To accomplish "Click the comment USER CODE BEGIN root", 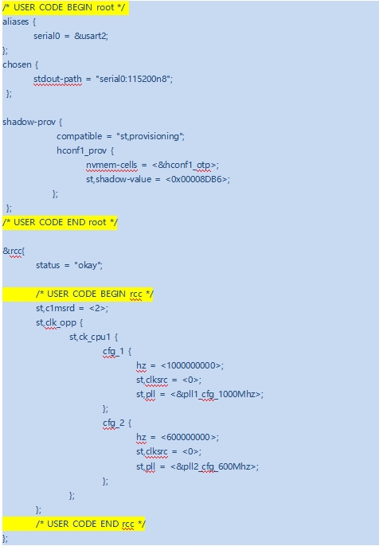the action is [64, 7].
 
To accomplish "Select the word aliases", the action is [15, 21].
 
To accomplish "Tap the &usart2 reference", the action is [90, 36].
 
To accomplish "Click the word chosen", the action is [17, 65].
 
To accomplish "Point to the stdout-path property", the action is [57, 80].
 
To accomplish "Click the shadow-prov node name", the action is [29, 122].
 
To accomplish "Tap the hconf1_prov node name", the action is [81, 150].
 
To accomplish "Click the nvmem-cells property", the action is [111, 166].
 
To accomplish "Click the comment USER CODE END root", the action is [60, 222].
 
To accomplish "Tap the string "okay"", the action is [87, 266].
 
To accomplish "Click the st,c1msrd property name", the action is [55, 308].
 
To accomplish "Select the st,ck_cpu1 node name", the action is [90, 337].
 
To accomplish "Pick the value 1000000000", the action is [191, 366].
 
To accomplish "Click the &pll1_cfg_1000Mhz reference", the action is [216, 394].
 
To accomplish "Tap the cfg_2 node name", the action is [113, 423].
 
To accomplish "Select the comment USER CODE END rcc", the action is [91, 524].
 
